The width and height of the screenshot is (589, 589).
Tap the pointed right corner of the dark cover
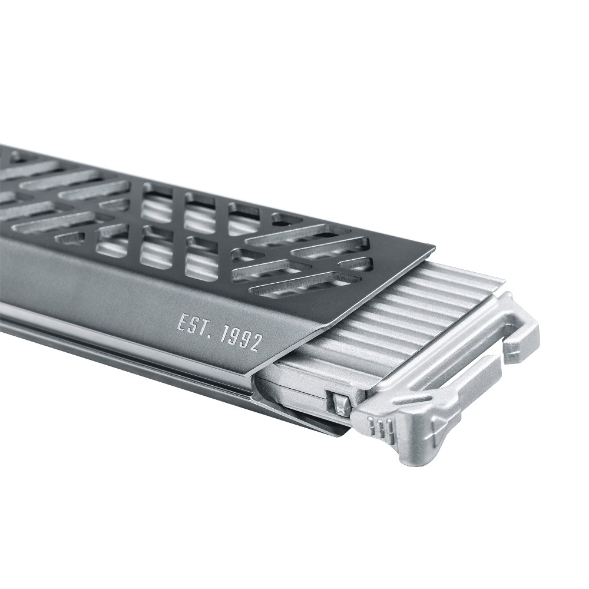434,247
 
